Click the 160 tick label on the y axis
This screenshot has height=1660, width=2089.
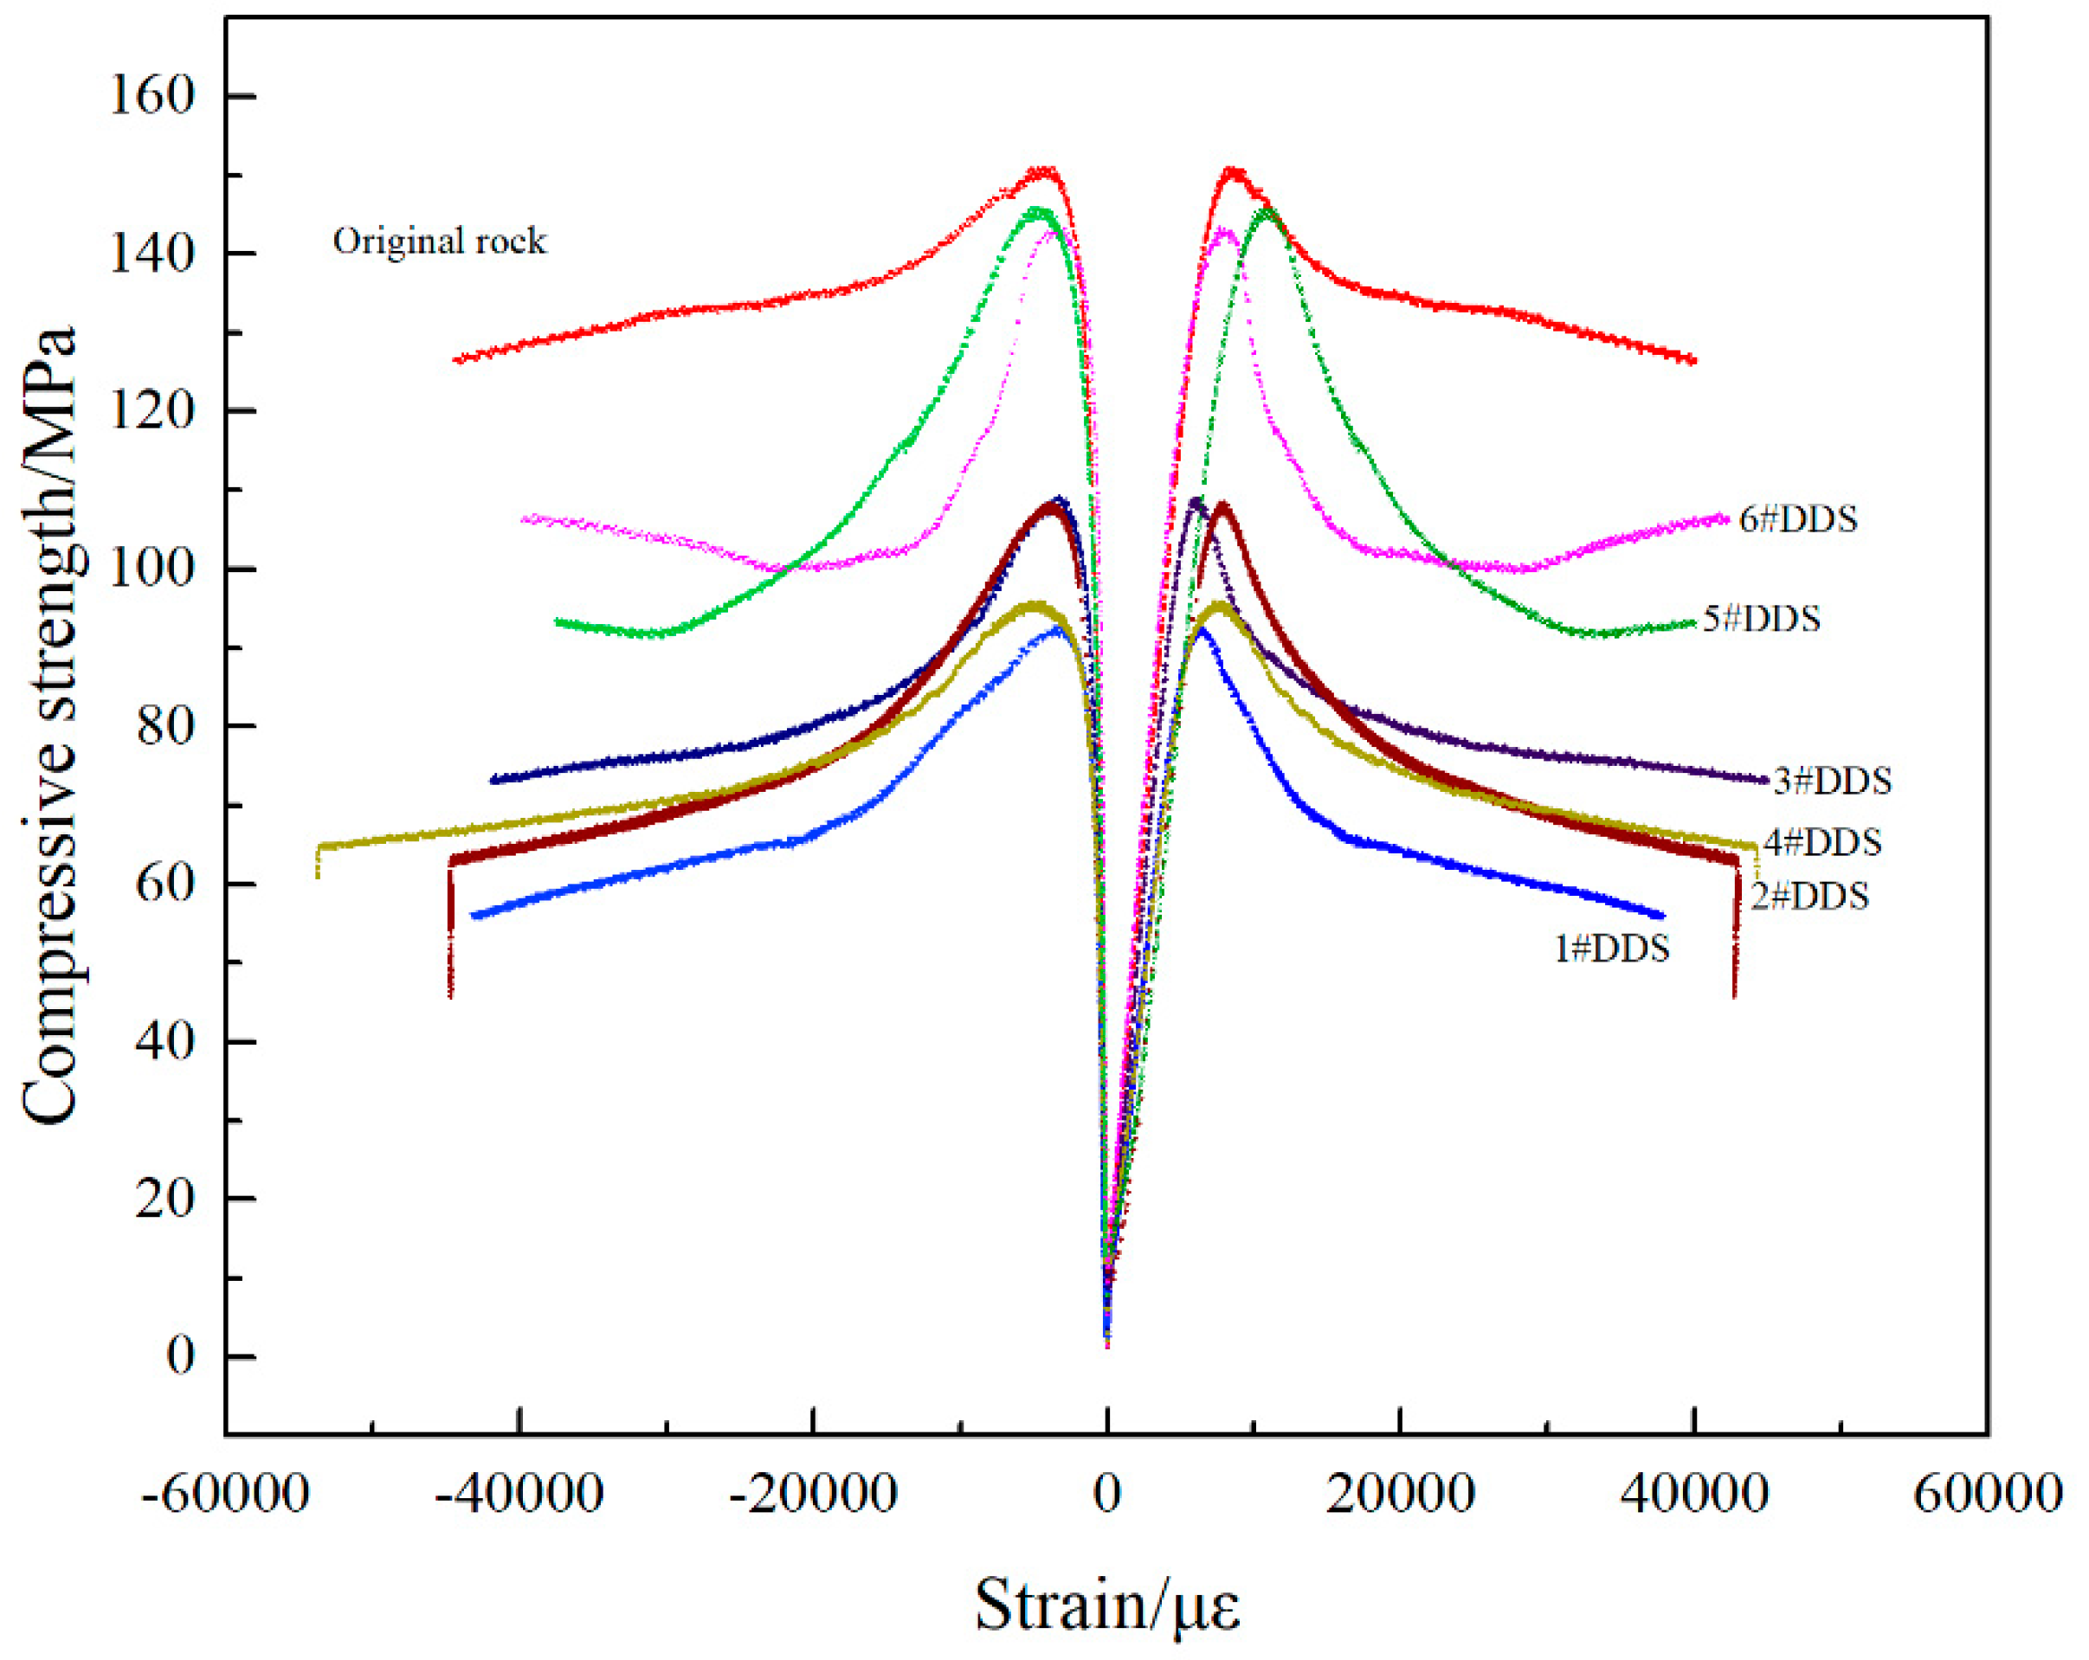click(152, 96)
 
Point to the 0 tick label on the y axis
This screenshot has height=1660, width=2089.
click(180, 1357)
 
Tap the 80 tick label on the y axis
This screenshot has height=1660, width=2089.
click(165, 726)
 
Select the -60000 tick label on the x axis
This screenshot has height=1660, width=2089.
click(225, 1494)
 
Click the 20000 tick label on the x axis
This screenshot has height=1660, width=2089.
click(1401, 1494)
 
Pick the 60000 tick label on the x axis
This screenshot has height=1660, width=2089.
click(1987, 1494)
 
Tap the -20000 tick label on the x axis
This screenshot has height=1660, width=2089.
click(813, 1494)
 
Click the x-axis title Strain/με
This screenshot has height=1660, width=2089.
click(1106, 1606)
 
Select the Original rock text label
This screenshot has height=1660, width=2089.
click(440, 241)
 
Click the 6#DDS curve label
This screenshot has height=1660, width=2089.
click(1798, 520)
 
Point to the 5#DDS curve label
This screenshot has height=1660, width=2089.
click(1762, 619)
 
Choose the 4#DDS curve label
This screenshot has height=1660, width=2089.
click(1822, 843)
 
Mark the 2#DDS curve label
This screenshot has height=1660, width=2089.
click(1809, 897)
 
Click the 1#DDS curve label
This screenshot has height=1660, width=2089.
click(1612, 949)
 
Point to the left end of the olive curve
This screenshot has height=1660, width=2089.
click(319, 846)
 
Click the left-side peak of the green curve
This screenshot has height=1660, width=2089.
click(1038, 210)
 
